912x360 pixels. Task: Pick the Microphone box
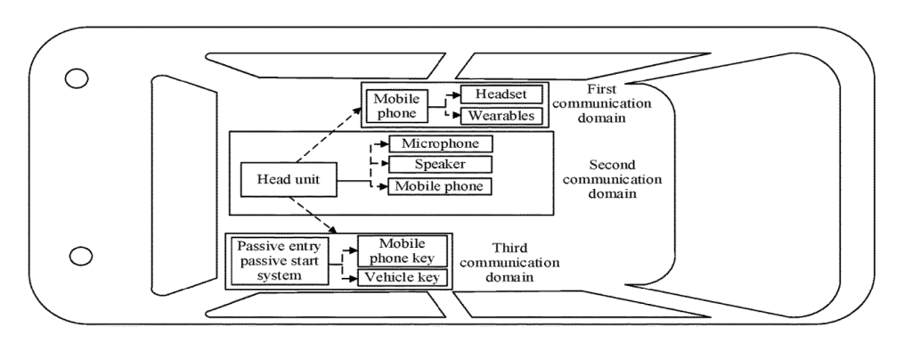point(440,143)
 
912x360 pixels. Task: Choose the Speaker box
point(440,165)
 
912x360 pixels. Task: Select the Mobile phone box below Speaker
point(440,186)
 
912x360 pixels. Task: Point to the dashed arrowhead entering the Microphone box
point(385,143)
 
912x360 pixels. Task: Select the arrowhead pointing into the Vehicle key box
point(352,279)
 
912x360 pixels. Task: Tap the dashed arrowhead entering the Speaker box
point(385,165)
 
